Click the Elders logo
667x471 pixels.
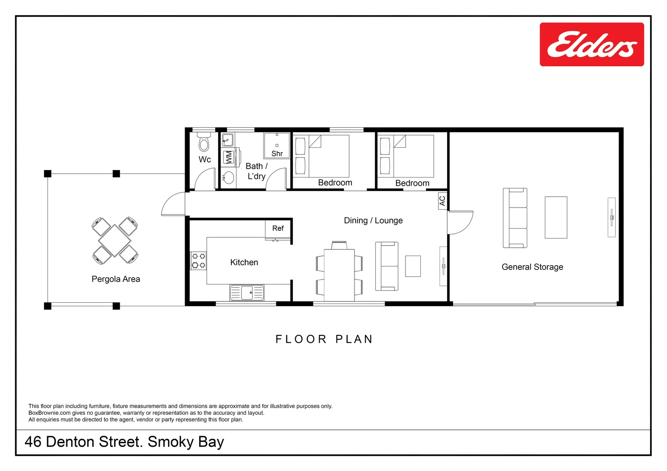click(591, 44)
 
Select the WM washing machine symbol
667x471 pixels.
click(229, 157)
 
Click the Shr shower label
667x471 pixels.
click(277, 154)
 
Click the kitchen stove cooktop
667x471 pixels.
click(198, 261)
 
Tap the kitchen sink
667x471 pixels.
click(247, 293)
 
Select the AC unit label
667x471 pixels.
click(443, 201)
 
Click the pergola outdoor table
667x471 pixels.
click(115, 240)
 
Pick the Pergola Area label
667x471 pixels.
click(116, 279)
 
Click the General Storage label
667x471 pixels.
click(533, 267)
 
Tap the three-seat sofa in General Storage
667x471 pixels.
click(515, 218)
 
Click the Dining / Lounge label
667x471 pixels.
click(373, 221)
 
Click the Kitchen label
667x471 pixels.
click(244, 263)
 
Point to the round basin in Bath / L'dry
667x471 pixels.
click(229, 178)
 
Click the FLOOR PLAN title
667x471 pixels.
click(324, 339)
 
